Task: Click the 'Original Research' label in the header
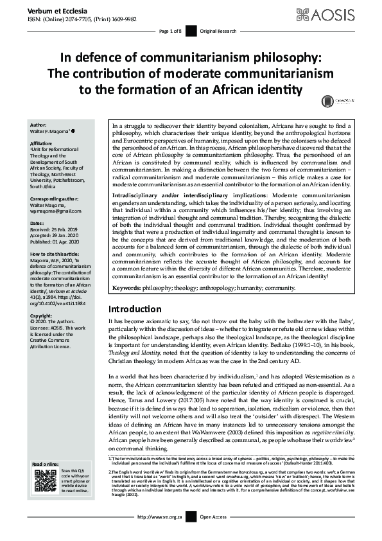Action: [x=216, y=30]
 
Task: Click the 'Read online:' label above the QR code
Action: [x=47, y=463]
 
